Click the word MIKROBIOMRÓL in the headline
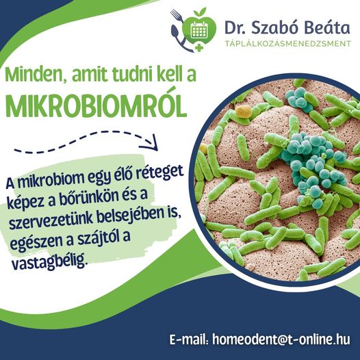click(96, 105)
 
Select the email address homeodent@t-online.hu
click(281, 339)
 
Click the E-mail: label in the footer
click(189, 339)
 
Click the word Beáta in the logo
click(327, 27)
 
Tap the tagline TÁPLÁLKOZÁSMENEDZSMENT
click(288, 43)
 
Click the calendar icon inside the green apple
click(199, 30)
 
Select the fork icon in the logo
click(177, 15)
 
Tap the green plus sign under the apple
click(199, 47)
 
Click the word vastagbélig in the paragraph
click(50, 261)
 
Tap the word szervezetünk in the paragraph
click(51, 220)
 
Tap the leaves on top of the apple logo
click(200, 12)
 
